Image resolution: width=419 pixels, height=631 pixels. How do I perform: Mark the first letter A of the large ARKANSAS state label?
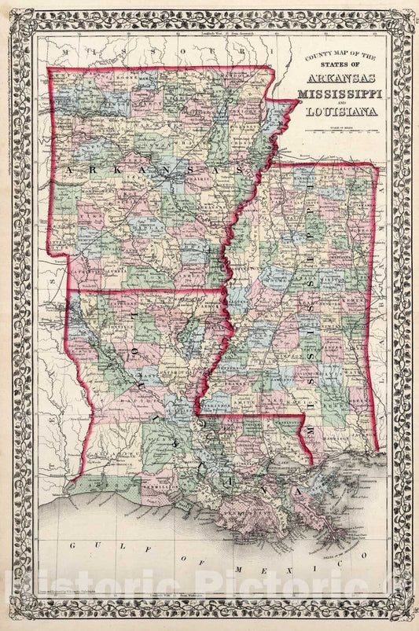(70, 170)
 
